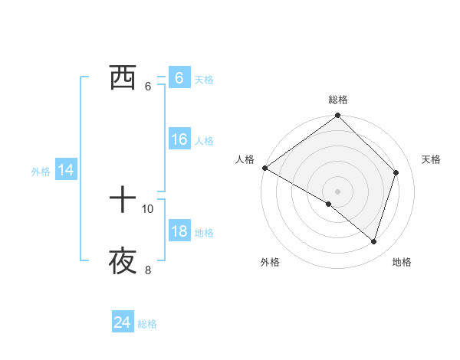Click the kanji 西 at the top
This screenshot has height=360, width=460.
coord(123,78)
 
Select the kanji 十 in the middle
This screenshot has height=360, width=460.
coord(123,201)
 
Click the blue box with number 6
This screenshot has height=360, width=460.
coord(179,78)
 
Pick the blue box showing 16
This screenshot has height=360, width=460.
coord(179,139)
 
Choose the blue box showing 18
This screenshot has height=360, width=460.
coord(179,231)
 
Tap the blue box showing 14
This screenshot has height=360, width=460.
coord(66,171)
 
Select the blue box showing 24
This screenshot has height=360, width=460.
coord(122,323)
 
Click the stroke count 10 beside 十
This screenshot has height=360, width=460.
coord(148,208)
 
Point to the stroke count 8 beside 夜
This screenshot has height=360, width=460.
coord(148,270)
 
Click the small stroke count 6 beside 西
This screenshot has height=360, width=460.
coord(148,86)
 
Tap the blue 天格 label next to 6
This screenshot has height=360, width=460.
coord(204,80)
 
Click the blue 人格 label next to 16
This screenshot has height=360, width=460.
coord(204,141)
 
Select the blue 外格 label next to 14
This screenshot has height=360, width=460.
coord(41,172)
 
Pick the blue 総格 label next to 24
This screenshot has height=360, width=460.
coord(147,325)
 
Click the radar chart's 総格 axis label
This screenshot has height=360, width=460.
coord(338,100)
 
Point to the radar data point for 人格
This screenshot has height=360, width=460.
coord(264,168)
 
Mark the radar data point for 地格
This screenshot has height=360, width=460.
coord(374,242)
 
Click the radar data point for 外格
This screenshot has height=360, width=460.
coord(329,204)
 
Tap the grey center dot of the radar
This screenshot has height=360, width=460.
coord(338,191)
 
